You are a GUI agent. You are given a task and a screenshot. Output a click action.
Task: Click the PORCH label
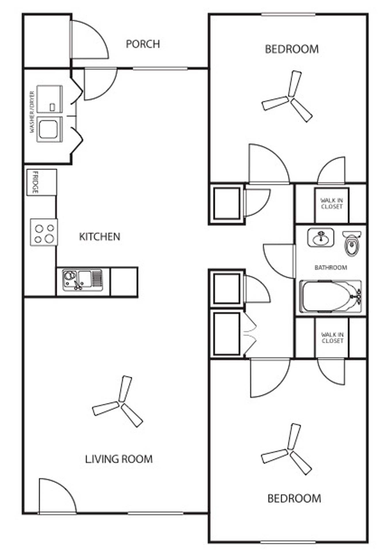click(x=143, y=44)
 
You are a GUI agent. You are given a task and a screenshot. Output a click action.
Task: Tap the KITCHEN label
click(x=99, y=237)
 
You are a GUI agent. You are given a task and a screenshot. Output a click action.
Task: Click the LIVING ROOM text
click(x=119, y=459)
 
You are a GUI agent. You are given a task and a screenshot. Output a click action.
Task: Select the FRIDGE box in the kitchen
click(x=41, y=182)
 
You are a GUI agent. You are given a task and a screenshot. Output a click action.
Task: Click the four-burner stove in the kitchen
click(x=44, y=232)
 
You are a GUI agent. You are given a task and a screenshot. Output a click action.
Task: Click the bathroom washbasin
click(x=320, y=237)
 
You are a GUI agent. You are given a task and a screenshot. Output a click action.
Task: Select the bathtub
click(x=330, y=296)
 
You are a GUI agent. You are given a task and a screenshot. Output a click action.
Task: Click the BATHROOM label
click(x=331, y=268)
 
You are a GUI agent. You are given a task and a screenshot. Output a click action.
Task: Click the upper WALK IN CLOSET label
click(x=332, y=203)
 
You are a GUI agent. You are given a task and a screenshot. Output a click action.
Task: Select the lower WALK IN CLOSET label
click(x=332, y=338)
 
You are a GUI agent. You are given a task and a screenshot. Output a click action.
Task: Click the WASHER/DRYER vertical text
click(x=32, y=112)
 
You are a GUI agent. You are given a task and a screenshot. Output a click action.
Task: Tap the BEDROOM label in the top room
click(x=291, y=49)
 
